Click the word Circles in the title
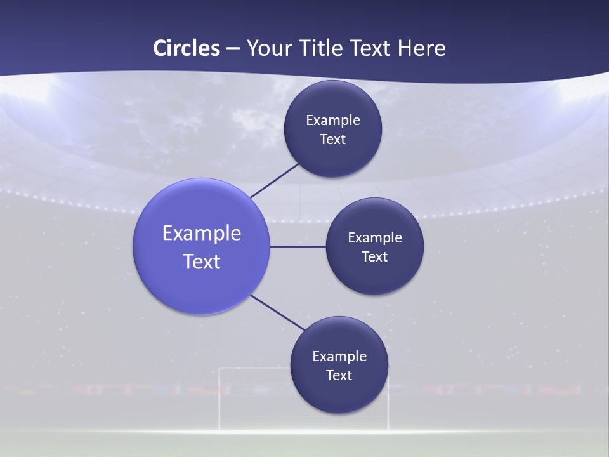point(187,48)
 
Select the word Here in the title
point(421,48)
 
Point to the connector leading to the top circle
point(274,181)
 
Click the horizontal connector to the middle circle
point(298,246)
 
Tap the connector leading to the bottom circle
point(277,312)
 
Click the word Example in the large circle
point(202,234)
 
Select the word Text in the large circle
point(202,262)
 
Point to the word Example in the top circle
point(333,121)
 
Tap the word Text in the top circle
point(333,140)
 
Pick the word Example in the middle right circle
point(375,238)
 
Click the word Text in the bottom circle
point(339,376)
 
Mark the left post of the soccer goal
point(220,400)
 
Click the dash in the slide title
point(233,48)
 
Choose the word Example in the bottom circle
point(339,357)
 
